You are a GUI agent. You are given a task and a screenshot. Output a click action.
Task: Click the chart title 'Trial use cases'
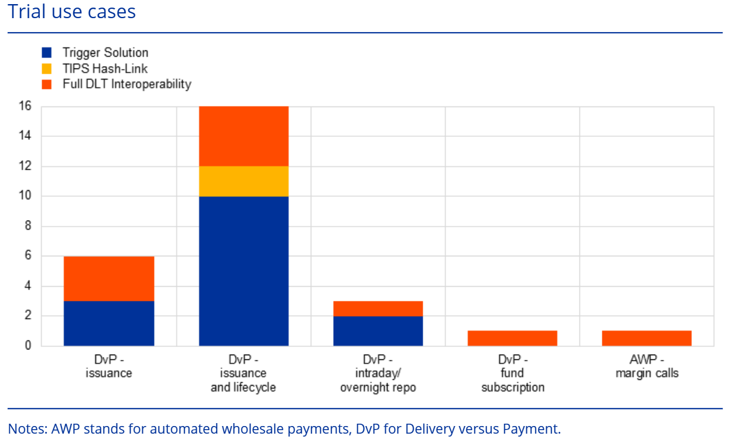tap(71, 12)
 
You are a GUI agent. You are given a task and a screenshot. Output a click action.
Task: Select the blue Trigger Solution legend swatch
tap(47, 53)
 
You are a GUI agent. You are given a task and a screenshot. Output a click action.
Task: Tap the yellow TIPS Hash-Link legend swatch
tap(47, 68)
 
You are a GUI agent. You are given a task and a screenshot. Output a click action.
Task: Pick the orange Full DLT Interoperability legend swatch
tap(47, 84)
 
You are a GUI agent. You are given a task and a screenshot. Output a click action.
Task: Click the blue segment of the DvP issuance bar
tap(109, 323)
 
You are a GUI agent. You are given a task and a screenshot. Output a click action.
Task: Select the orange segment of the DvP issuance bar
tap(109, 279)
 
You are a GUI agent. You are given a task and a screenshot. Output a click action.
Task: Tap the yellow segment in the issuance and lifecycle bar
tap(244, 181)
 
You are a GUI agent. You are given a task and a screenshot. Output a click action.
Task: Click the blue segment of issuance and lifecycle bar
tap(244, 270)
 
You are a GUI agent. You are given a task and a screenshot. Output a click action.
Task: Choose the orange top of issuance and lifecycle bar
tap(244, 136)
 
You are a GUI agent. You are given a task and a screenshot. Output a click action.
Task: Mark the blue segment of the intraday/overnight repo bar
tap(378, 331)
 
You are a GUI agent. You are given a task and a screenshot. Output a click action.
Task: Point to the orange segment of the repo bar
tap(378, 308)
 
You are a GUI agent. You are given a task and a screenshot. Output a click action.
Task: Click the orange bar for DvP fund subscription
tap(512, 338)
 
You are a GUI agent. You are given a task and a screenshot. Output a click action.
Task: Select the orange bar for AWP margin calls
tap(647, 338)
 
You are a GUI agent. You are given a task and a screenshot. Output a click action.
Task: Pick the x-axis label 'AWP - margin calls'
tap(647, 366)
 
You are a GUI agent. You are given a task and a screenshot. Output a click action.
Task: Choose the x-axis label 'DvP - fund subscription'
tap(512, 373)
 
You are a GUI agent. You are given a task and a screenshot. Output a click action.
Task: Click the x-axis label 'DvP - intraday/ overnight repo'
tap(378, 373)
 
